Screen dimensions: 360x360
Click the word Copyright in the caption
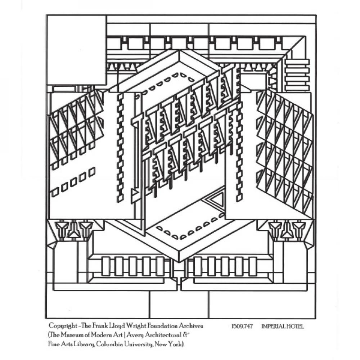click(62, 326)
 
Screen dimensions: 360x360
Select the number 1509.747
click(242, 327)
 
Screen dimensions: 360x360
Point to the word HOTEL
click(296, 327)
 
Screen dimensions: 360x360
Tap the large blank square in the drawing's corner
click(77, 50)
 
